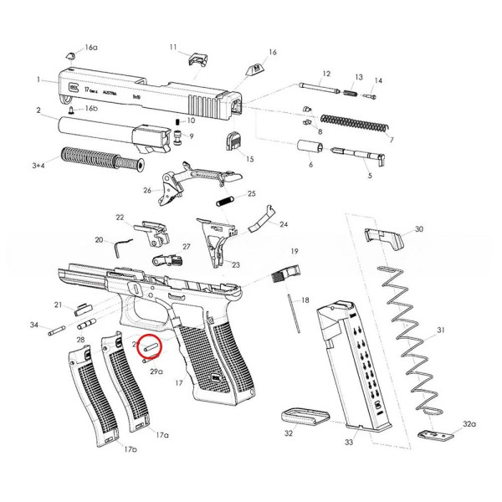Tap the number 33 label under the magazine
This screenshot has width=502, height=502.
coord(350,441)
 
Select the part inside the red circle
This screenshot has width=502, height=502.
coord(151,344)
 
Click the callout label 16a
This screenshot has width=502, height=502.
coord(90,48)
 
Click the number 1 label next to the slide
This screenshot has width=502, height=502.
coord(38,79)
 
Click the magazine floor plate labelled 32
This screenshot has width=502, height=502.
coord(303,416)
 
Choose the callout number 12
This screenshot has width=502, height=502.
coord(326,74)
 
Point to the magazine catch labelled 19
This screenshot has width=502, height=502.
coord(289,273)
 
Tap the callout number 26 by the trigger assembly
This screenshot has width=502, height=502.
coord(147,191)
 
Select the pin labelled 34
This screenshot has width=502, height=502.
coord(57,330)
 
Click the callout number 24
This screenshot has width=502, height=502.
coord(284,224)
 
